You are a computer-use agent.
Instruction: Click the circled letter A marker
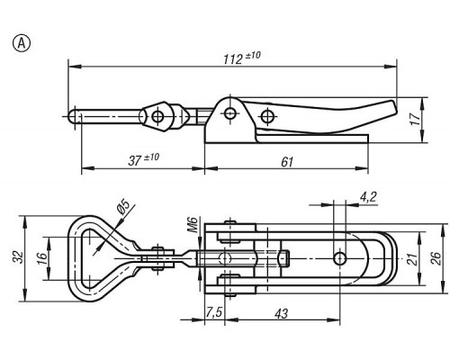click(x=22, y=43)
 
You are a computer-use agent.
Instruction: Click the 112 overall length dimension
click(x=242, y=58)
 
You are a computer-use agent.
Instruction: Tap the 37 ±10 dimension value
click(x=144, y=159)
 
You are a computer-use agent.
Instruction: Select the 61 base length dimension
click(x=287, y=162)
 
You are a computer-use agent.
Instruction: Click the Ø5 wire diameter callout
click(x=123, y=207)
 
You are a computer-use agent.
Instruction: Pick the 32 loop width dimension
click(x=19, y=257)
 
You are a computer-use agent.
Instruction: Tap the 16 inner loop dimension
click(x=42, y=258)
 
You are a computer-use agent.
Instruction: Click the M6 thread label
click(x=193, y=224)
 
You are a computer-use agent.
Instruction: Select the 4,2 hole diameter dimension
click(x=368, y=197)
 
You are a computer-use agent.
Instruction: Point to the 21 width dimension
click(x=413, y=259)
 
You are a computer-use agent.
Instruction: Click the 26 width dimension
click(x=436, y=258)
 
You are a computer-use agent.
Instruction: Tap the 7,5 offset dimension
click(x=213, y=312)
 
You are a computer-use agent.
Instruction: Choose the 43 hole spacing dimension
click(x=282, y=313)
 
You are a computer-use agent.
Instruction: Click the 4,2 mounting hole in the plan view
click(x=339, y=258)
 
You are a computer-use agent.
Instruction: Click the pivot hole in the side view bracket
click(x=230, y=113)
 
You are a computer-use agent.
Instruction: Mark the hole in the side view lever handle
click(x=266, y=116)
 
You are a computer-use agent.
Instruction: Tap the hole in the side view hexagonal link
click(x=157, y=116)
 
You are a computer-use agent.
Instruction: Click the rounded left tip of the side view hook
click(x=71, y=116)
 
